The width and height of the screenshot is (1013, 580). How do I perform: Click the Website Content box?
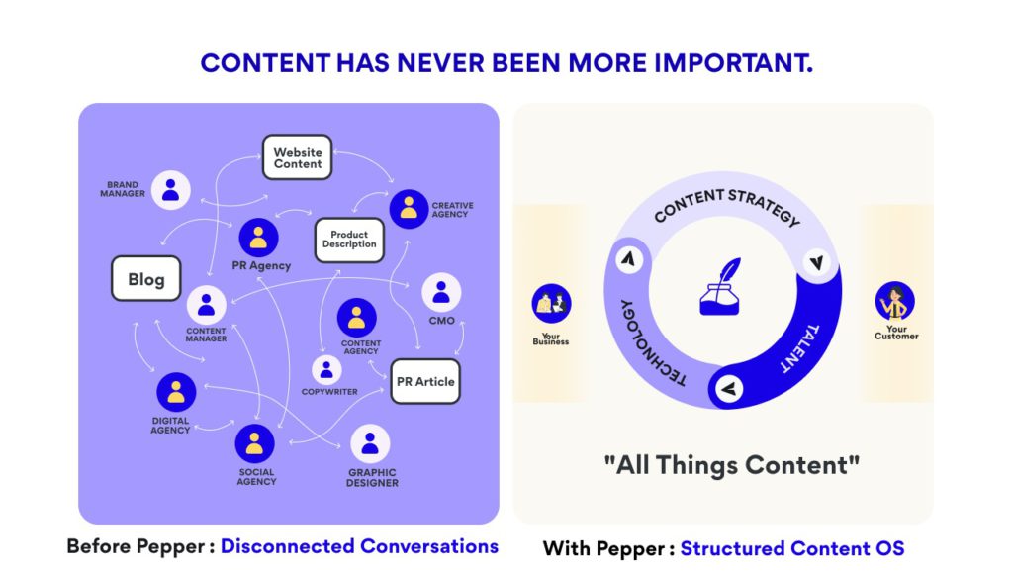[x=298, y=158]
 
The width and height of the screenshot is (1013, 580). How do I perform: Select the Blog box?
[x=145, y=279]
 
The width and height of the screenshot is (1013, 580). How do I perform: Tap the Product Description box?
[x=349, y=240]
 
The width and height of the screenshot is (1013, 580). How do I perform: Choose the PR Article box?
[x=425, y=381]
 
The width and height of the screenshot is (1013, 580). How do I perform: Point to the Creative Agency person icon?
[x=408, y=208]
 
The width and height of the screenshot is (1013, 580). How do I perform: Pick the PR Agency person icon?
[x=258, y=238]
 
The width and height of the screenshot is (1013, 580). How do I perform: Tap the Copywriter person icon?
[x=326, y=370]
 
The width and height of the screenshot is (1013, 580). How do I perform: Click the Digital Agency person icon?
[x=176, y=393]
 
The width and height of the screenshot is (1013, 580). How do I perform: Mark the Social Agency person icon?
[x=255, y=442]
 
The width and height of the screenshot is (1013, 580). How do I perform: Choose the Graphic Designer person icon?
[x=370, y=444]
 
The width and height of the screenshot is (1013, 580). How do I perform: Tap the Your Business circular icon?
[x=550, y=304]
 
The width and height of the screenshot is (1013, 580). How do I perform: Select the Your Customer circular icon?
[x=895, y=300]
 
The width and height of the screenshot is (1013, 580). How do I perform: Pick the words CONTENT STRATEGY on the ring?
[x=726, y=204]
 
